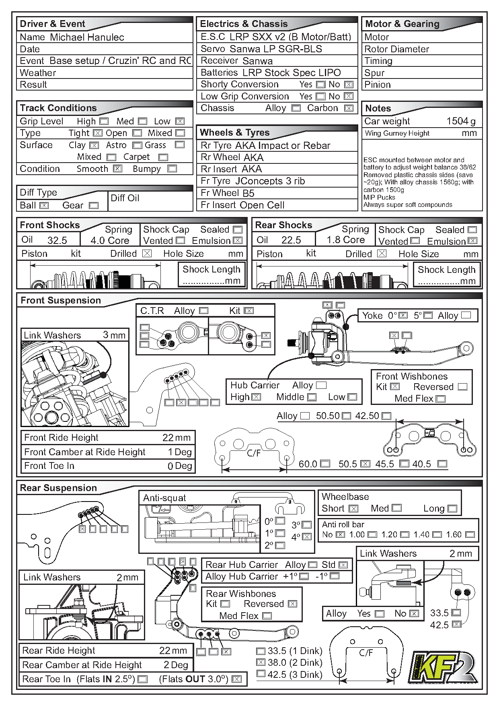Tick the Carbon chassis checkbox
click(349, 108)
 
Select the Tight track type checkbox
click(98, 133)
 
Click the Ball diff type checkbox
click(44, 205)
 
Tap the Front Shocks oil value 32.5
click(57, 240)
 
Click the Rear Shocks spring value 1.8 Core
click(345, 240)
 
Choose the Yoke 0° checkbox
click(403, 316)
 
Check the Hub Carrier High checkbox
click(256, 397)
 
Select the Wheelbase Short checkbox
click(353, 509)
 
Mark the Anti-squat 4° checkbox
click(307, 537)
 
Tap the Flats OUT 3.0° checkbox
click(237, 679)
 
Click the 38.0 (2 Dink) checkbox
click(261, 663)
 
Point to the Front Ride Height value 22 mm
click(177, 438)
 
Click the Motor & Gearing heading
click(402, 24)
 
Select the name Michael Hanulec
click(87, 37)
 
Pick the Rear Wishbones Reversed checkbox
click(293, 604)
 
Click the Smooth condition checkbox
click(117, 169)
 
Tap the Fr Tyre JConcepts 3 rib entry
click(253, 181)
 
